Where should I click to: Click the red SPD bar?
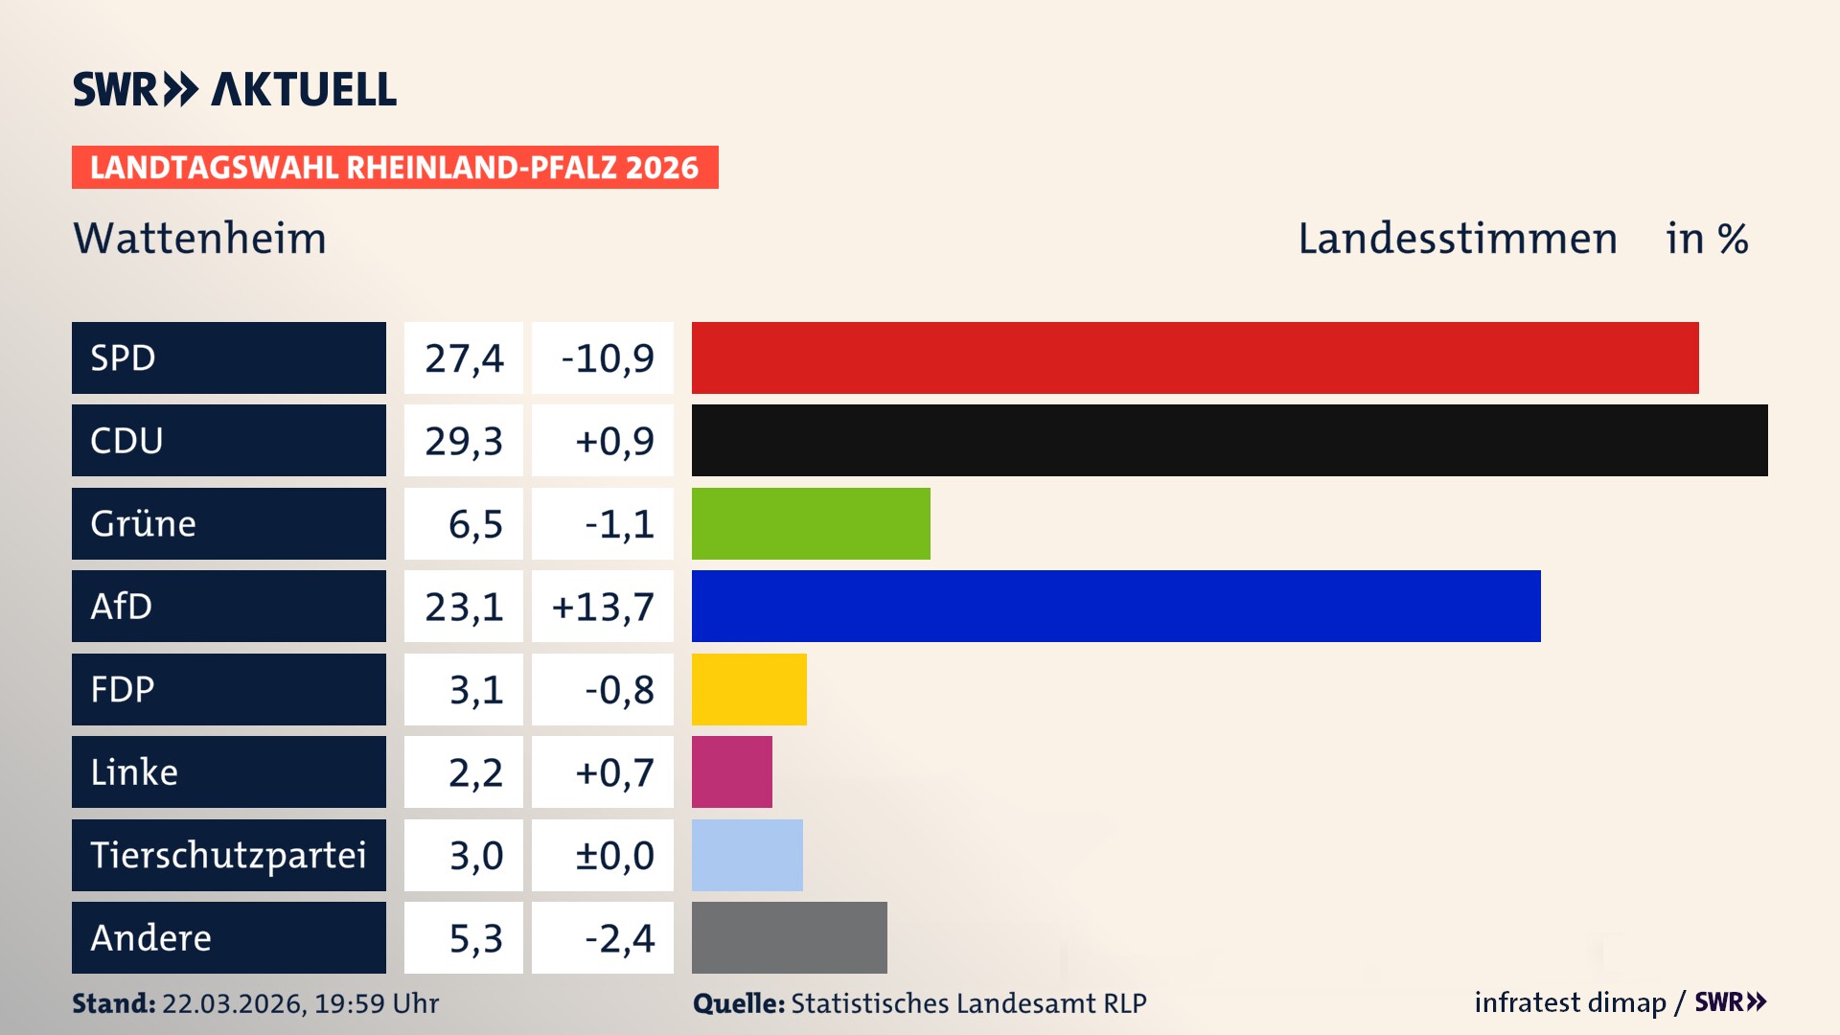tap(1194, 357)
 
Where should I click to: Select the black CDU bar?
tap(1229, 440)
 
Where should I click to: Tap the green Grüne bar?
tap(811, 523)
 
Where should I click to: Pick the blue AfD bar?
tap(1115, 606)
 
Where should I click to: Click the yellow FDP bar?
tap(748, 689)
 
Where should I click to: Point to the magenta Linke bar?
tap(731, 771)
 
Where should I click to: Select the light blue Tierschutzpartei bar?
tap(747, 855)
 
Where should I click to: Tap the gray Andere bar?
tap(789, 937)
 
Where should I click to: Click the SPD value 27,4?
tap(464, 358)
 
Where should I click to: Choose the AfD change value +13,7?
tap(603, 607)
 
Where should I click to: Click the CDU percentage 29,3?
tap(464, 441)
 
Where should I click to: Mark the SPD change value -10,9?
tap(607, 358)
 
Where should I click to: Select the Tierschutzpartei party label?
tap(228, 855)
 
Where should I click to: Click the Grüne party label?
tap(144, 523)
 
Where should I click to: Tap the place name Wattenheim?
tap(199, 238)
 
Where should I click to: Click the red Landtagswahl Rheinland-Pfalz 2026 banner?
tap(394, 167)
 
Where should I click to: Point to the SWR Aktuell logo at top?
tap(234, 89)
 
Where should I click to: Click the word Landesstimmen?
tap(1457, 238)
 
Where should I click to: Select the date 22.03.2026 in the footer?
tap(233, 1003)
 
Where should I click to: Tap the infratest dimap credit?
tap(1569, 1002)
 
